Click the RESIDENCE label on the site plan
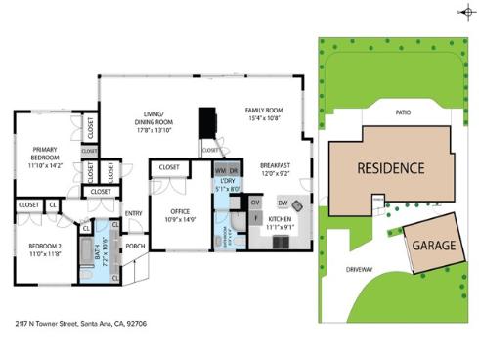point(390,167)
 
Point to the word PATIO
point(403,112)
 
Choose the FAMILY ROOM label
point(263,114)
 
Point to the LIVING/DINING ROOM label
point(154,122)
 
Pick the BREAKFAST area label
point(277,170)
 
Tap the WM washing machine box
point(221,169)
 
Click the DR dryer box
point(234,169)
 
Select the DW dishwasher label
point(282,202)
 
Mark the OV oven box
point(256,202)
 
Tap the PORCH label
point(135,246)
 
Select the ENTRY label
point(134,213)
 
